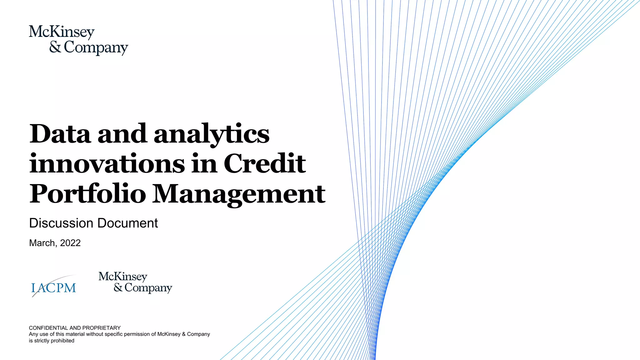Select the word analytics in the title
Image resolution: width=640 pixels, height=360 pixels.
(212, 134)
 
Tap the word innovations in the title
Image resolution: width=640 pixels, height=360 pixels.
(107, 164)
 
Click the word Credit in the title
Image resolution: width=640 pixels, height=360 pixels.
(265, 164)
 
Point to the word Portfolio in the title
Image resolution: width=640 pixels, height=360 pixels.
(88, 193)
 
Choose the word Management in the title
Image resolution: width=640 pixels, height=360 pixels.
(239, 194)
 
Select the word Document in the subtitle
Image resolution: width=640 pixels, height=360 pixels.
(127, 223)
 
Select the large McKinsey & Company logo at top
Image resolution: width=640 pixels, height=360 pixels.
(78, 40)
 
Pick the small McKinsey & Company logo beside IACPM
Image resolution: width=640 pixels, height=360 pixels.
(135, 282)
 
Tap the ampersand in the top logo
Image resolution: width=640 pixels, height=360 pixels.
(55, 47)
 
